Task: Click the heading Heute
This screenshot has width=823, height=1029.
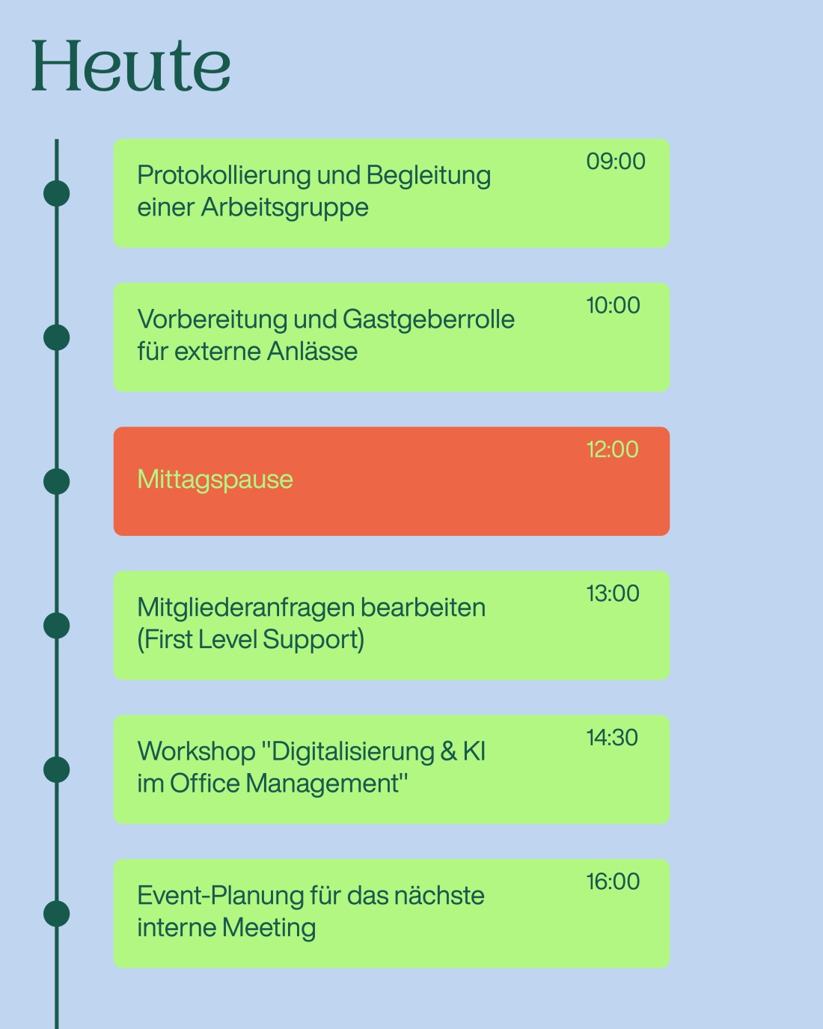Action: (x=131, y=66)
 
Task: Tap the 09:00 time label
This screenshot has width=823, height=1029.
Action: (x=616, y=161)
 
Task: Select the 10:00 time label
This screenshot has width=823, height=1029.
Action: (x=613, y=305)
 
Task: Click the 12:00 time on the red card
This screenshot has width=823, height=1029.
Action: (x=613, y=450)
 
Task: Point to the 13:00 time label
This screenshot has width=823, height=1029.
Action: (x=613, y=593)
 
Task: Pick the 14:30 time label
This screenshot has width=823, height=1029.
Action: (x=612, y=737)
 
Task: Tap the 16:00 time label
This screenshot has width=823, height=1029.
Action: (x=613, y=882)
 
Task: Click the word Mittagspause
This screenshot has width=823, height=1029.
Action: (x=215, y=480)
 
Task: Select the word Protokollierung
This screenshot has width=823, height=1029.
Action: (x=224, y=176)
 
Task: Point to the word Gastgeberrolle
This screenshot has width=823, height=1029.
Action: (x=429, y=320)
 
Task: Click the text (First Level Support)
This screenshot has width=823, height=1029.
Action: (x=251, y=641)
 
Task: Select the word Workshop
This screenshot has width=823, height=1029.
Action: (x=197, y=751)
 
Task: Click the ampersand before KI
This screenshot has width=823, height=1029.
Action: (x=449, y=751)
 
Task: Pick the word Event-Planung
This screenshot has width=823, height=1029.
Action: (x=220, y=897)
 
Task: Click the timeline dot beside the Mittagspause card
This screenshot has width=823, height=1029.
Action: (x=56, y=481)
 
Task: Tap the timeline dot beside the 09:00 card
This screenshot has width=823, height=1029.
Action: (x=56, y=194)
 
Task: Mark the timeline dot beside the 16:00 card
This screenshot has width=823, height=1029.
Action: (x=56, y=914)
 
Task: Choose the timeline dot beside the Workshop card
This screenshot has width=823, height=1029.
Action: (x=56, y=770)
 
